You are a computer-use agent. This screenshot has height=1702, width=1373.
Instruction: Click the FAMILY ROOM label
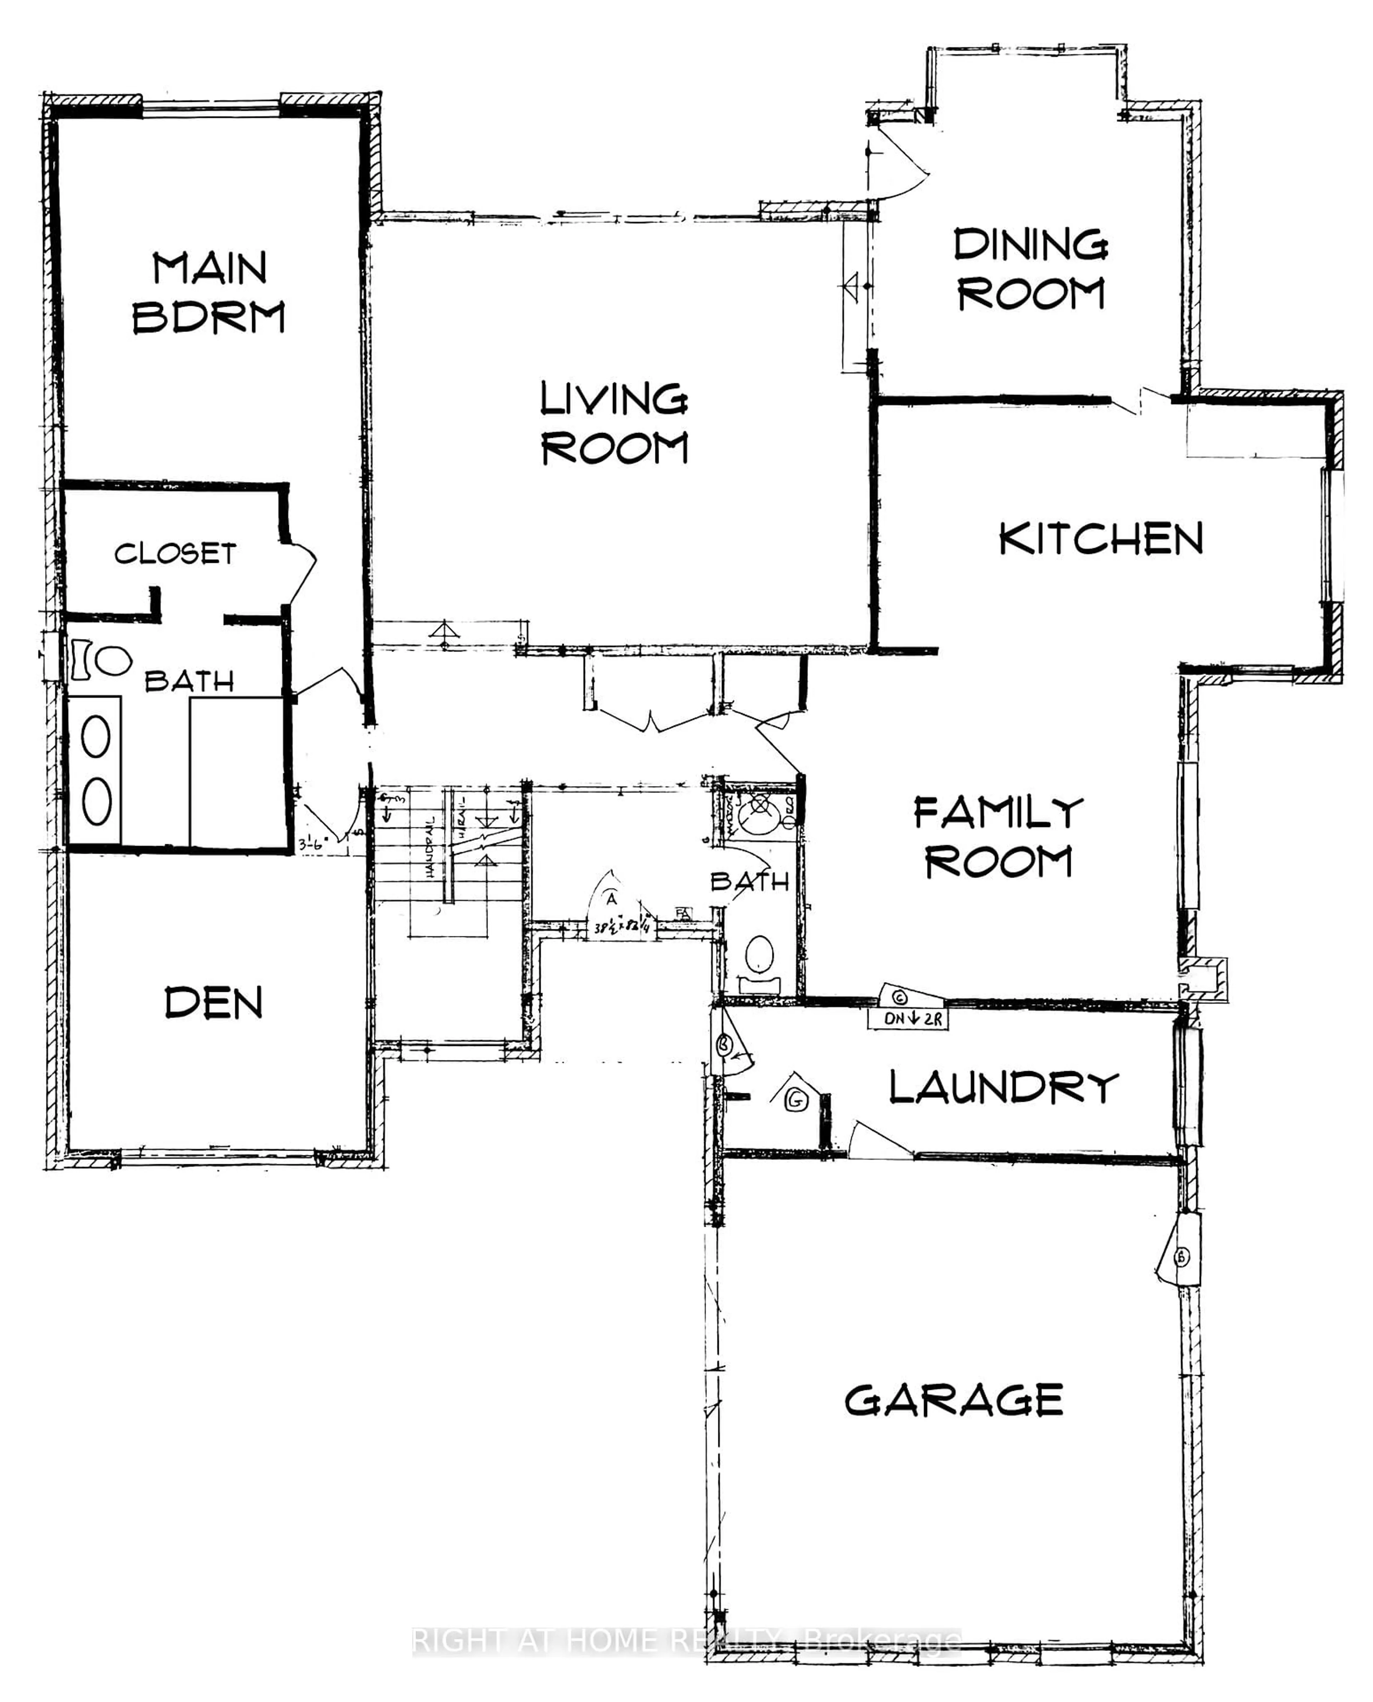(998, 837)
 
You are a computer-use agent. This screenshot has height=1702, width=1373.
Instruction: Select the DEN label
(213, 1003)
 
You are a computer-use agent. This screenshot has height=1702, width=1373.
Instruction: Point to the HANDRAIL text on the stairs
(431, 846)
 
